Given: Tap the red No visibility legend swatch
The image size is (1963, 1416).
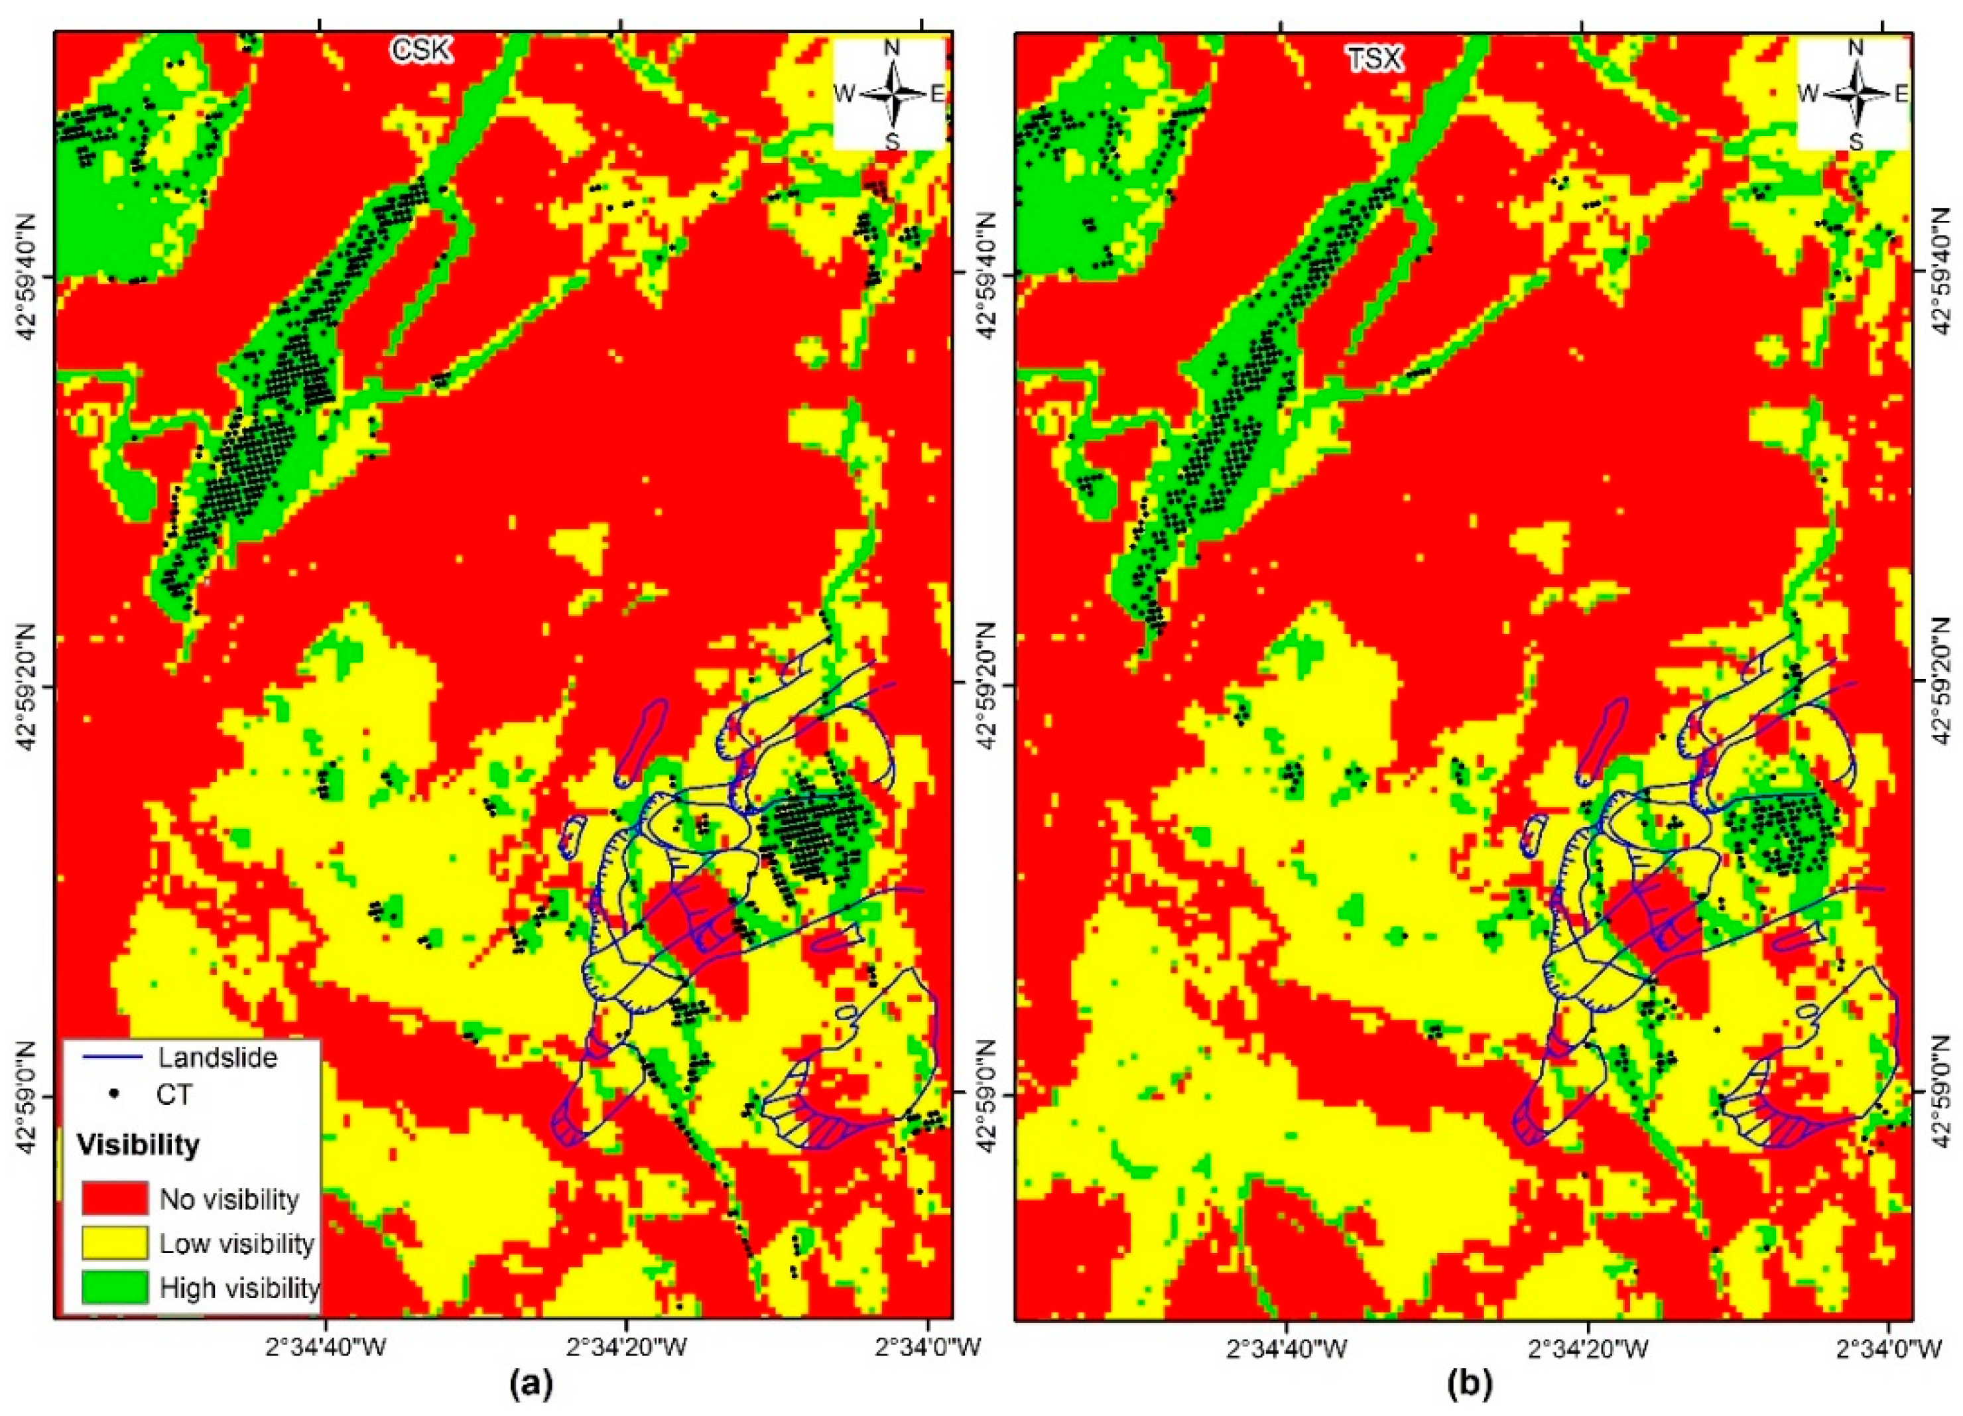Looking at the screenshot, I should pyautogui.click(x=115, y=1198).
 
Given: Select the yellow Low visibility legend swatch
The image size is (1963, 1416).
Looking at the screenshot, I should pyautogui.click(x=115, y=1243).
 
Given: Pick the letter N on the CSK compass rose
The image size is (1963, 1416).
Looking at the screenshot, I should pyautogui.click(x=891, y=48).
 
